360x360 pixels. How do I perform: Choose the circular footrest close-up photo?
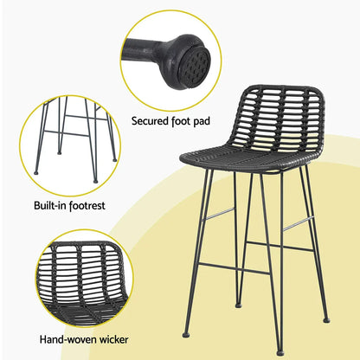point(70,143)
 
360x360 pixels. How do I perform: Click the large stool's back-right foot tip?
point(326,319)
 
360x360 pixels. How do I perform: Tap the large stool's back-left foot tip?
point(236,305)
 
